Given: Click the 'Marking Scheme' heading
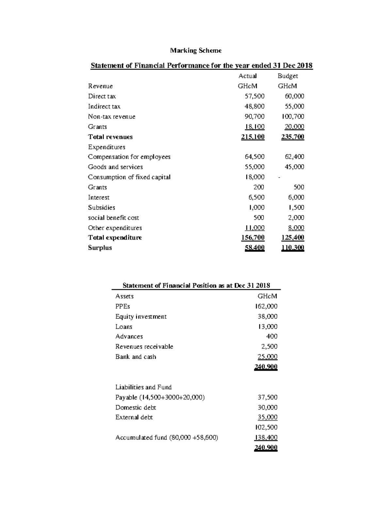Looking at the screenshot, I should point(196,50).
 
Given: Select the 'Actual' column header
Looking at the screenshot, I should point(247,76).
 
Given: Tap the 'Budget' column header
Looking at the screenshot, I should point(287,76).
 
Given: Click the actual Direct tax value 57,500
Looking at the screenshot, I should point(254,96).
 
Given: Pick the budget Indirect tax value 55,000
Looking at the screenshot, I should point(294,106).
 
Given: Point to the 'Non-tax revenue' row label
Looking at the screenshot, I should point(111,116).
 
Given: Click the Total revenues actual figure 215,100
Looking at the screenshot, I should point(253,137).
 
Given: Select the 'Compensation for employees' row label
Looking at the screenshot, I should point(129,157).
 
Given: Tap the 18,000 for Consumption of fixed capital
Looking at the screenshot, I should point(254,177).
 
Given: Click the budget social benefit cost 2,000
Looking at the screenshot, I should point(296,218).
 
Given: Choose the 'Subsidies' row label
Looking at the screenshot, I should point(101,207).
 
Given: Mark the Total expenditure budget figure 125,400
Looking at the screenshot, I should point(293,237).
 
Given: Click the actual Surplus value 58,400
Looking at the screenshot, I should point(254,248).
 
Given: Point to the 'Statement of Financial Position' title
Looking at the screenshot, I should point(196,285).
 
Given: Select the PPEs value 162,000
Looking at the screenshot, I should point(266,306).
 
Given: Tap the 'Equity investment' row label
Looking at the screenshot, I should point(141,316).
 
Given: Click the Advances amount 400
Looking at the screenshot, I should point(272,336).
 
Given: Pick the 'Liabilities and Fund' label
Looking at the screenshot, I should point(143,387).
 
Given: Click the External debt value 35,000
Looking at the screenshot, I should point(268,417).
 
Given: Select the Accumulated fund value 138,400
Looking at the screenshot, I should point(266,437).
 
